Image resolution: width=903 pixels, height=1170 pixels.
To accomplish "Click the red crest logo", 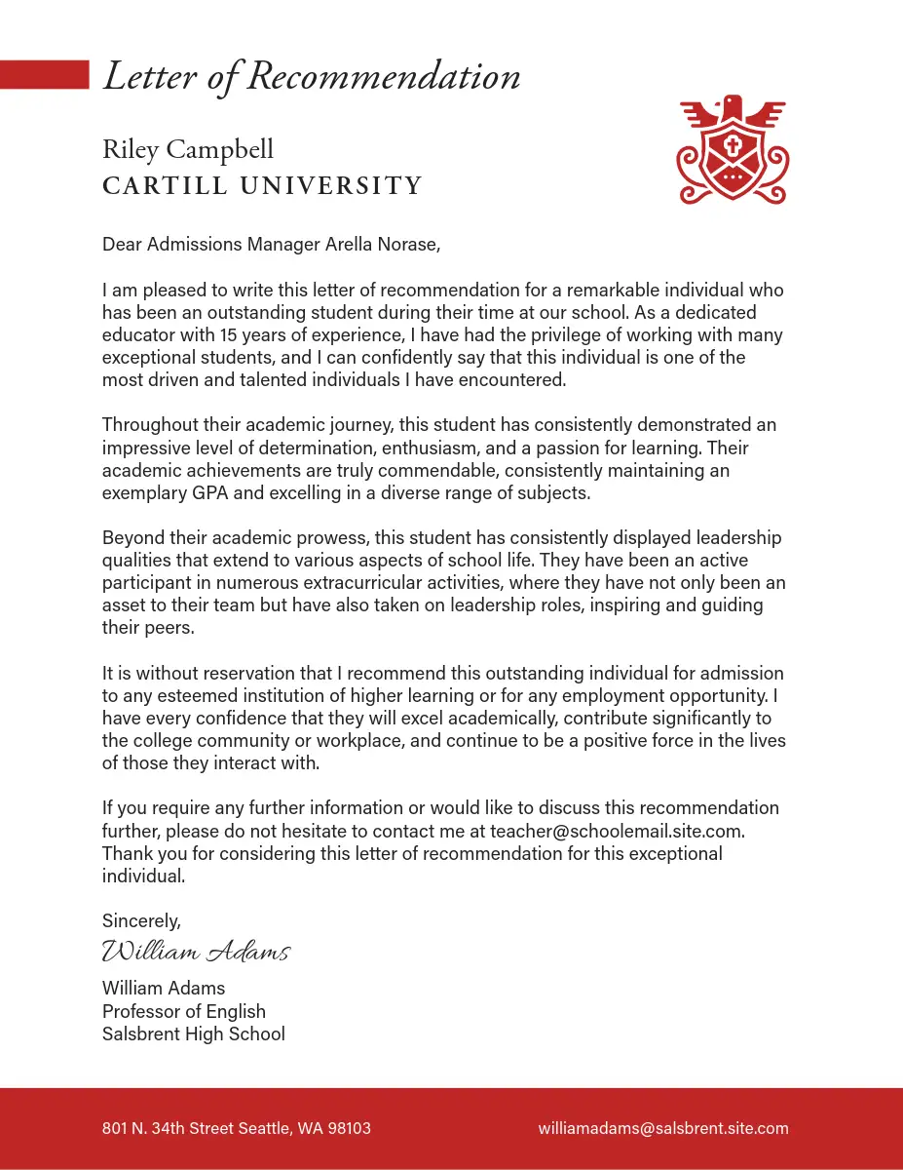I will [x=732, y=150].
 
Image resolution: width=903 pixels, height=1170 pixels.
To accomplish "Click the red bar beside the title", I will [x=44, y=75].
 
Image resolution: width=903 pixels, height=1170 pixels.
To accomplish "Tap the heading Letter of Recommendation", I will [x=312, y=77].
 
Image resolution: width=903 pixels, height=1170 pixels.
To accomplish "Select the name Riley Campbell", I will [x=188, y=150].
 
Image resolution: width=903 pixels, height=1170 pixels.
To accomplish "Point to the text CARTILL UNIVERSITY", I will [x=262, y=185].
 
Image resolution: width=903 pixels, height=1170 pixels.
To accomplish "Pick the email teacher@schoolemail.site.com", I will [x=618, y=831].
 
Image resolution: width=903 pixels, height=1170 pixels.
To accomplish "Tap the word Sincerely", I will [x=141, y=920].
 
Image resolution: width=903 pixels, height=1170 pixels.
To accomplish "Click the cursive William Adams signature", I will [x=196, y=951].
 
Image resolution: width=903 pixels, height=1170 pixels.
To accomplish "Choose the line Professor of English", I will [x=184, y=1011].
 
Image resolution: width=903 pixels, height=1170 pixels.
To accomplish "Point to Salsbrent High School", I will [x=194, y=1033].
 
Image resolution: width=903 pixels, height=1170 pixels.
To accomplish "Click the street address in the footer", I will [x=236, y=1128].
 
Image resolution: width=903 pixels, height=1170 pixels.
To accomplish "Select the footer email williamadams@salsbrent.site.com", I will [x=663, y=1128].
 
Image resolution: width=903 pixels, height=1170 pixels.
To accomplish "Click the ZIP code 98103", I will [x=349, y=1128].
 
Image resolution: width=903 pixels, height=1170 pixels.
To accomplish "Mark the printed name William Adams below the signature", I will [x=164, y=989].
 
